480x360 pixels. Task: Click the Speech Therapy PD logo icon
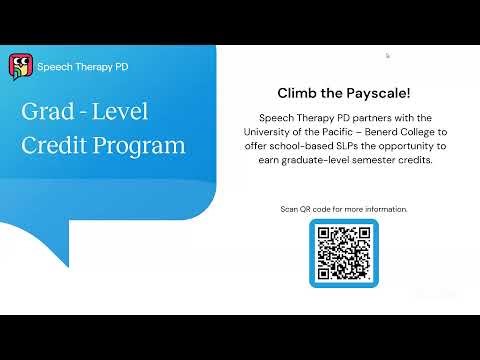click(19, 67)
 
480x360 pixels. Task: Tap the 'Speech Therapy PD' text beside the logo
click(82, 67)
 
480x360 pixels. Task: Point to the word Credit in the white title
click(57, 145)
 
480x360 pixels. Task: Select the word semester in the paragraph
click(385, 160)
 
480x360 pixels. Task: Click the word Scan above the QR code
click(290, 208)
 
